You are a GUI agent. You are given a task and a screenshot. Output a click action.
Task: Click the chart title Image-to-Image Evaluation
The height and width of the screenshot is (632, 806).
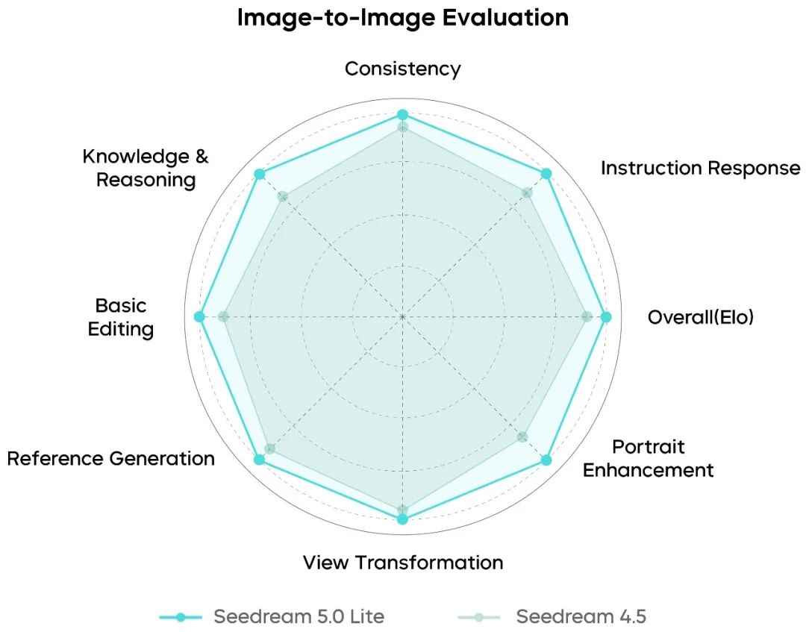click(402, 17)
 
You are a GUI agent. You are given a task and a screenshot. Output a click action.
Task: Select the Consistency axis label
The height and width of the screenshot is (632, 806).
click(402, 69)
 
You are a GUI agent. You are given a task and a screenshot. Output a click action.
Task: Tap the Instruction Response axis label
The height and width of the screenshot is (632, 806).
click(700, 168)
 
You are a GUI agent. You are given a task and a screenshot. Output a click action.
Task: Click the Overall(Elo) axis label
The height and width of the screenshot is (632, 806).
click(701, 317)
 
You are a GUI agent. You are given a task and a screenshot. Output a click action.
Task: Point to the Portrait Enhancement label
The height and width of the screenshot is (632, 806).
click(648, 458)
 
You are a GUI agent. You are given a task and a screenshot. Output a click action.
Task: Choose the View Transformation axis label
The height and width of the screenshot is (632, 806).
click(402, 562)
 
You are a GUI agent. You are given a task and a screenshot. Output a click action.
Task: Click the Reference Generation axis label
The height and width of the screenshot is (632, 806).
click(111, 458)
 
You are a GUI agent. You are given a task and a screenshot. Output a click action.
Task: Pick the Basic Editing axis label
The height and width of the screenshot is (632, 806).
click(121, 317)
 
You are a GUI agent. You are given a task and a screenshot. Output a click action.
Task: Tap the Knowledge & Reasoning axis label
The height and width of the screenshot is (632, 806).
click(146, 168)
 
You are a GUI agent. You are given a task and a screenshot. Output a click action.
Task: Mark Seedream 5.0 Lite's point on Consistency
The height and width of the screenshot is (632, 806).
click(402, 115)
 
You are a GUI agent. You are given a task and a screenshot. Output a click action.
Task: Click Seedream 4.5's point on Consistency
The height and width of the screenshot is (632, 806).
click(402, 128)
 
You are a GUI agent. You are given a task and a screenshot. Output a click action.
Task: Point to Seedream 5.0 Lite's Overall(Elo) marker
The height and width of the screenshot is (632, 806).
click(606, 317)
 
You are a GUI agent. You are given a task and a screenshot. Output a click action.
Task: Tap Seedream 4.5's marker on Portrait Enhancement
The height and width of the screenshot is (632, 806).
click(522, 437)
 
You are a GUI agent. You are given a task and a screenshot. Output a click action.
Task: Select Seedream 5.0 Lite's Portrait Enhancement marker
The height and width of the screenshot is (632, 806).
click(546, 460)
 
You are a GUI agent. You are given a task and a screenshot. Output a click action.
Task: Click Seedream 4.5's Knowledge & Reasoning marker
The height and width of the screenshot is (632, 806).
click(282, 197)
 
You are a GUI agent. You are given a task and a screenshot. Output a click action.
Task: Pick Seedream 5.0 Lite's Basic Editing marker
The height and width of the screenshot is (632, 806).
click(199, 317)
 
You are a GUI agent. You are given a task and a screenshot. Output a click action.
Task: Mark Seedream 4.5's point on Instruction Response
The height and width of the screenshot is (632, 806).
click(527, 193)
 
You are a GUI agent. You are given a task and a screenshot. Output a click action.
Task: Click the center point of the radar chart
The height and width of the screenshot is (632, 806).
click(402, 317)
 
